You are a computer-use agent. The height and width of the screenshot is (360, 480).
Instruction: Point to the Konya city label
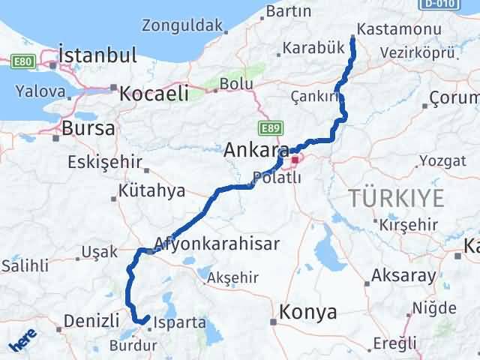pos(307,313)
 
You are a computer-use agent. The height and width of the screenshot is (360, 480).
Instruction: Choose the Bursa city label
pos(88,127)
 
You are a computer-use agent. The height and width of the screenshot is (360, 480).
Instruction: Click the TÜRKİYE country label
pos(396,199)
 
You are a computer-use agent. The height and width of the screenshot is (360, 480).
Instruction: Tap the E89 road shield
pos(270,128)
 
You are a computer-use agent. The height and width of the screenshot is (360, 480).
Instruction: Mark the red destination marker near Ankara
pos(295,160)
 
